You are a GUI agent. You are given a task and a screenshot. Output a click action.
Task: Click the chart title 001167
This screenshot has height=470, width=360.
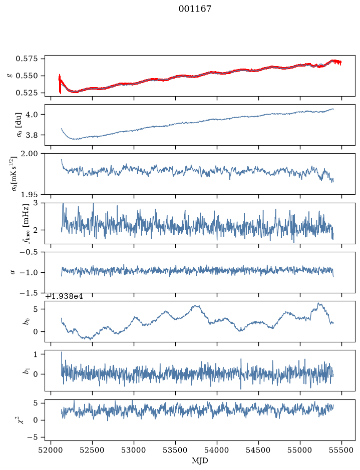[195, 9]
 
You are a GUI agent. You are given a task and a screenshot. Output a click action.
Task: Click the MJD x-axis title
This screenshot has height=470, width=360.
[200, 460]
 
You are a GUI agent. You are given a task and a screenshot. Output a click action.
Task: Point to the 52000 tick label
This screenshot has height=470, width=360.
[51, 450]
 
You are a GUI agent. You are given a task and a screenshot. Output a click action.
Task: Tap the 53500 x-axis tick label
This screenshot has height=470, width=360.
[175, 450]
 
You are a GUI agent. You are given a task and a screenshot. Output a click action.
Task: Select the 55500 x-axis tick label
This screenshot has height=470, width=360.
[341, 450]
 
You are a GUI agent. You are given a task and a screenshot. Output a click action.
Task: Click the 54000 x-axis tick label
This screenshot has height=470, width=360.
[217, 450]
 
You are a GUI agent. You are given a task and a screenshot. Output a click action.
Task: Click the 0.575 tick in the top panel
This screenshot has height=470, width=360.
[27, 59]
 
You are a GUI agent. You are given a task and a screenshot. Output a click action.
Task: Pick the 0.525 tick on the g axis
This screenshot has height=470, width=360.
[27, 93]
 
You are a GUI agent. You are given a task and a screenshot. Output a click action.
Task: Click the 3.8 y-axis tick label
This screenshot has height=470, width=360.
[32, 135]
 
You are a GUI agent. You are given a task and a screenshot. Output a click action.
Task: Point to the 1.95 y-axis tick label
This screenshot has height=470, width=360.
[30, 195]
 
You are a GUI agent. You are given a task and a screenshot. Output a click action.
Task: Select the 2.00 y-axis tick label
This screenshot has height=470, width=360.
[30, 154]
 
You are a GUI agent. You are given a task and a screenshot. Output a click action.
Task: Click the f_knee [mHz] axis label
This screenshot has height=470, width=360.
[26, 223]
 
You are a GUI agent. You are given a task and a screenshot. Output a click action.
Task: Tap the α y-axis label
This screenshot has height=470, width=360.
[13, 272]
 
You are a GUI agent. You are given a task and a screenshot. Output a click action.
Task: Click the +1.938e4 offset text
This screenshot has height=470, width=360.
[64, 297]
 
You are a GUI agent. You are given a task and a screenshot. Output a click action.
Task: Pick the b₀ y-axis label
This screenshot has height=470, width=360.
[27, 321]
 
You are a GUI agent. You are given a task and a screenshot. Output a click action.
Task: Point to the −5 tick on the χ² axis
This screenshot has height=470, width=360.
[33, 437]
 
